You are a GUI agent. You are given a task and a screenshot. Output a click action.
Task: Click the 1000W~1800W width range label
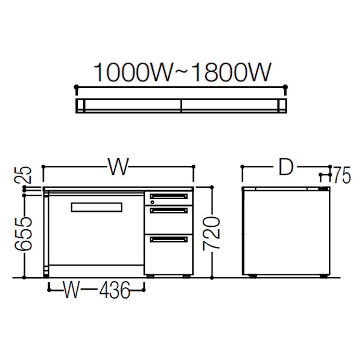tap(182, 72)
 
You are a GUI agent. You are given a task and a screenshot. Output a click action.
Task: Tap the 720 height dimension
tap(211, 233)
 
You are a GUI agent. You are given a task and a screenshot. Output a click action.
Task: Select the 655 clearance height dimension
tap(23, 234)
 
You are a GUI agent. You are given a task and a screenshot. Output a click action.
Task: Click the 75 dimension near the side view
tap(342, 175)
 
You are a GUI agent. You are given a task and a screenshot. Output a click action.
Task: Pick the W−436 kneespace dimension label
tap(97, 290)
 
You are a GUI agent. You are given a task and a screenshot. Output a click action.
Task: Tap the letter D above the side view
tap(286, 167)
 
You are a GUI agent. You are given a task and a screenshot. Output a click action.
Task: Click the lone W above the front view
tap(118, 167)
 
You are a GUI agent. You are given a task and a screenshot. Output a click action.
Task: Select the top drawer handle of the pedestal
tap(169, 196)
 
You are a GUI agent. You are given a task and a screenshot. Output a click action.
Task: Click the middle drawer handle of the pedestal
tap(169, 211)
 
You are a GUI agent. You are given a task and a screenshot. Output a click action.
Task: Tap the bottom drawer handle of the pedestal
tap(169, 240)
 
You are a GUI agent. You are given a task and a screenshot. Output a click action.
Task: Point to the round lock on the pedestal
tap(152, 202)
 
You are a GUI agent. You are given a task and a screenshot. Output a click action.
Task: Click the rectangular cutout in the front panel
tap(97, 208)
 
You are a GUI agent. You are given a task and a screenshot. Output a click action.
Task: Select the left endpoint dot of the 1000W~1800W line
tap(77, 87)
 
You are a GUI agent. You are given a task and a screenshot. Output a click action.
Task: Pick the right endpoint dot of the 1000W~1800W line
tap(285, 87)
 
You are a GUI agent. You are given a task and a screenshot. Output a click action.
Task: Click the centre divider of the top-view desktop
tap(182, 106)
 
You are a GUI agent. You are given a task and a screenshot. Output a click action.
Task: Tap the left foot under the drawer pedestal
tap(150, 276)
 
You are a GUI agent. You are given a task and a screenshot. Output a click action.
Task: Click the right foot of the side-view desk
tap(323, 276)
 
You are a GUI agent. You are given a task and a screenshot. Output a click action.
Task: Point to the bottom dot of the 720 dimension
tap(212, 278)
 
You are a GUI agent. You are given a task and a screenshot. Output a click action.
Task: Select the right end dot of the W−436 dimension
tap(144, 290)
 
